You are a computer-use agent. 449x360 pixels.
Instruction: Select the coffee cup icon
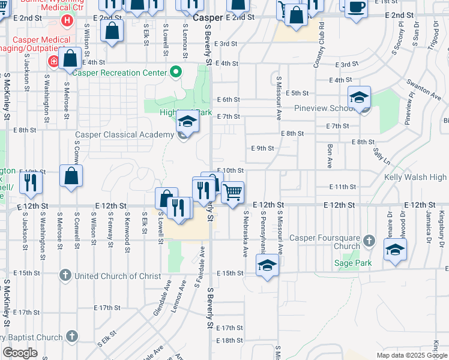pyautogui.click(x=357, y=7)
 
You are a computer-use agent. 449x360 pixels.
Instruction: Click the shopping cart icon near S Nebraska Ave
pyautogui.click(x=232, y=193)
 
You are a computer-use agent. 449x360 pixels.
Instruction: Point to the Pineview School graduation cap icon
pyautogui.click(x=360, y=97)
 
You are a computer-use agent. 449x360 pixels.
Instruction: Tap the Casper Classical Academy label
pyautogui.click(x=124, y=134)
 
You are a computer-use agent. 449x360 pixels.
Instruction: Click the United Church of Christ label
pyautogui.click(x=118, y=276)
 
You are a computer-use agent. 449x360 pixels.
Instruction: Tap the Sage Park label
pyautogui.click(x=354, y=263)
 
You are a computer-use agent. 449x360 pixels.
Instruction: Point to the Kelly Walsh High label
pyautogui.click(x=416, y=177)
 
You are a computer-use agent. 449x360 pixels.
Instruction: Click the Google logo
pyautogui.click(x=20, y=353)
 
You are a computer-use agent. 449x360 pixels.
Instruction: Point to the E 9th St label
pyautogui.click(x=262, y=148)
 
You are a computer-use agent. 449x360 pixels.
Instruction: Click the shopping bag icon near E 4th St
pyautogui.click(x=70, y=59)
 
